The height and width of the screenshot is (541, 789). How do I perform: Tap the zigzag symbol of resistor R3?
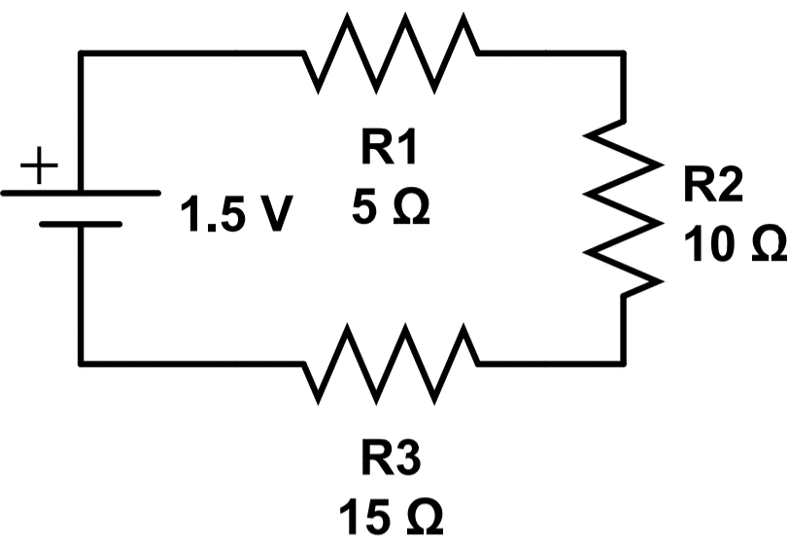pyautogui.click(x=392, y=363)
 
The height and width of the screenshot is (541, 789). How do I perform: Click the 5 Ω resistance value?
pyautogui.click(x=392, y=207)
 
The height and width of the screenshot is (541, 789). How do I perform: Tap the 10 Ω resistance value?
pyautogui.click(x=731, y=245)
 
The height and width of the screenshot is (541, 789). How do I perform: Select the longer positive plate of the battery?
pyautogui.click(x=80, y=193)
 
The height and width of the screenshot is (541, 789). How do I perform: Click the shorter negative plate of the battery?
pyautogui.click(x=80, y=224)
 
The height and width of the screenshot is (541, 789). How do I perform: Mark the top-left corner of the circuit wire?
pyautogui.click(x=80, y=53)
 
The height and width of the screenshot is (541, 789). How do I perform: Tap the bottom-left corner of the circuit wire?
pyautogui.click(x=80, y=363)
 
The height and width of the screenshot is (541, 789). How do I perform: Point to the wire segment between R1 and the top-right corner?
pyautogui.click(x=549, y=53)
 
